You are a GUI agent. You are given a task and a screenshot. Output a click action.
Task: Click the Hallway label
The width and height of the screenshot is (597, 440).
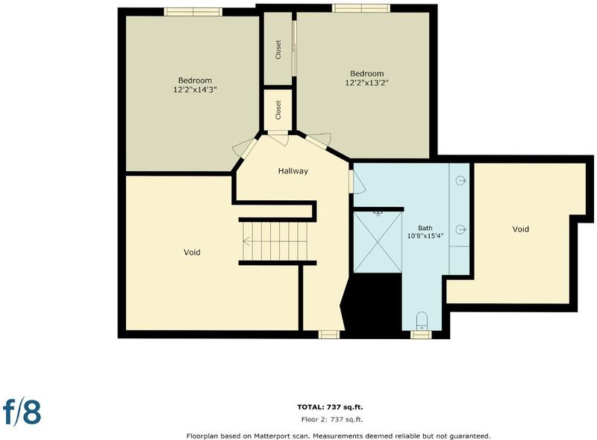[293, 171]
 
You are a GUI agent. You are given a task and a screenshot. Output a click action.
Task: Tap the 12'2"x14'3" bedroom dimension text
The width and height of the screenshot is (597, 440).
[195, 90]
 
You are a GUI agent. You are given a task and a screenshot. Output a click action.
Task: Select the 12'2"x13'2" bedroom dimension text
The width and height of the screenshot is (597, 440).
[366, 83]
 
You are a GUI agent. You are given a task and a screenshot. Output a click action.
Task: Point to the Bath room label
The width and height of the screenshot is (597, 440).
[425, 228]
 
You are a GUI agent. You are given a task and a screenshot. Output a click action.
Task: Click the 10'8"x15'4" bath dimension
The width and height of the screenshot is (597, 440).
[425, 236]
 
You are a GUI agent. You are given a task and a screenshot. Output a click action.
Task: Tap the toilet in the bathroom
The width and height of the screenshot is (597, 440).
[422, 321]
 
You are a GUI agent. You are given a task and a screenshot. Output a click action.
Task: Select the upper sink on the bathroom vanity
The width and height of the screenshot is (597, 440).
[460, 180]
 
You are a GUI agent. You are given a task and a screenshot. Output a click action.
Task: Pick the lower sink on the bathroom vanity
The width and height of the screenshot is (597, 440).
[460, 229]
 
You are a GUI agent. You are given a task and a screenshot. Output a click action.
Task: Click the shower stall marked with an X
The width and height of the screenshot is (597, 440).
[378, 242]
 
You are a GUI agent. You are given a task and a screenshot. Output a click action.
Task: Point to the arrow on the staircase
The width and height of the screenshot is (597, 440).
[247, 241]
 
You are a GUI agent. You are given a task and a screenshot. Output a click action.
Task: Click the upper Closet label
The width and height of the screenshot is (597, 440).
[278, 49]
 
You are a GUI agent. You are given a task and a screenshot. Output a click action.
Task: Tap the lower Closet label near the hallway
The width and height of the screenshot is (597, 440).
[278, 110]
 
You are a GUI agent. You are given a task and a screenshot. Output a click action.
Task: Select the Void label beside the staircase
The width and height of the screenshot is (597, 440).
[192, 252]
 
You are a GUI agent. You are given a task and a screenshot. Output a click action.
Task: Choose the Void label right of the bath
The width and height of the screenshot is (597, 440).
[520, 229]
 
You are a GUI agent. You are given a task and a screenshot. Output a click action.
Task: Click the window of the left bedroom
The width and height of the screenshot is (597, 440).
[193, 12]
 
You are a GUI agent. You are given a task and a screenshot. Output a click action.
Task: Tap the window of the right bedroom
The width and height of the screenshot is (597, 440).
[361, 8]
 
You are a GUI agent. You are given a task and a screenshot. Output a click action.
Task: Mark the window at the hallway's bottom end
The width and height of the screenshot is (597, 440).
[329, 335]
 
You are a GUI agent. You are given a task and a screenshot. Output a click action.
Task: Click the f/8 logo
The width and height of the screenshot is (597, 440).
[22, 411]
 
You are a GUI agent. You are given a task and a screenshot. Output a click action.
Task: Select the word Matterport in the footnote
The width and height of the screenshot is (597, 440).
[272, 436]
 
